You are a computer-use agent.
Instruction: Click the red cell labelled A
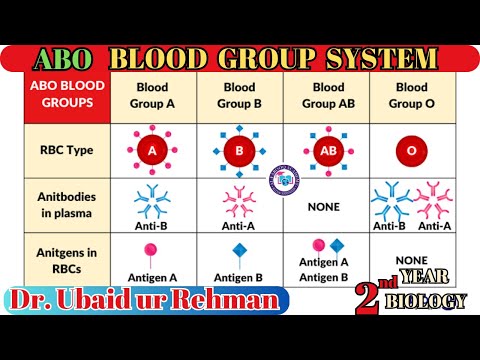[153, 151]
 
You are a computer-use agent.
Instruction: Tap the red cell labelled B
[239, 152]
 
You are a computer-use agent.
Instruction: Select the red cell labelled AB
[326, 151]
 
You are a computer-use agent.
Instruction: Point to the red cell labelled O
[412, 151]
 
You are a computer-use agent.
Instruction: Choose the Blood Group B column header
[239, 95]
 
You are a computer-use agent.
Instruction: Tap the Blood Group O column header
[411, 95]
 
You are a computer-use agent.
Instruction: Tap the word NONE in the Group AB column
[325, 207]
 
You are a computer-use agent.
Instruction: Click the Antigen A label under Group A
[153, 276]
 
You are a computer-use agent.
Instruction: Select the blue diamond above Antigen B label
[239, 250]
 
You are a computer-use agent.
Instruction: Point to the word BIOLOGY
[428, 301]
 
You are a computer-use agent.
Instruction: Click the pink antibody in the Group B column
[238, 199]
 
